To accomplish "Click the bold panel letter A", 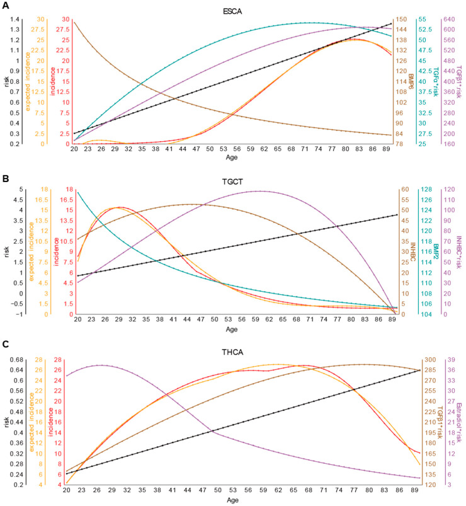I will click(5, 5).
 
